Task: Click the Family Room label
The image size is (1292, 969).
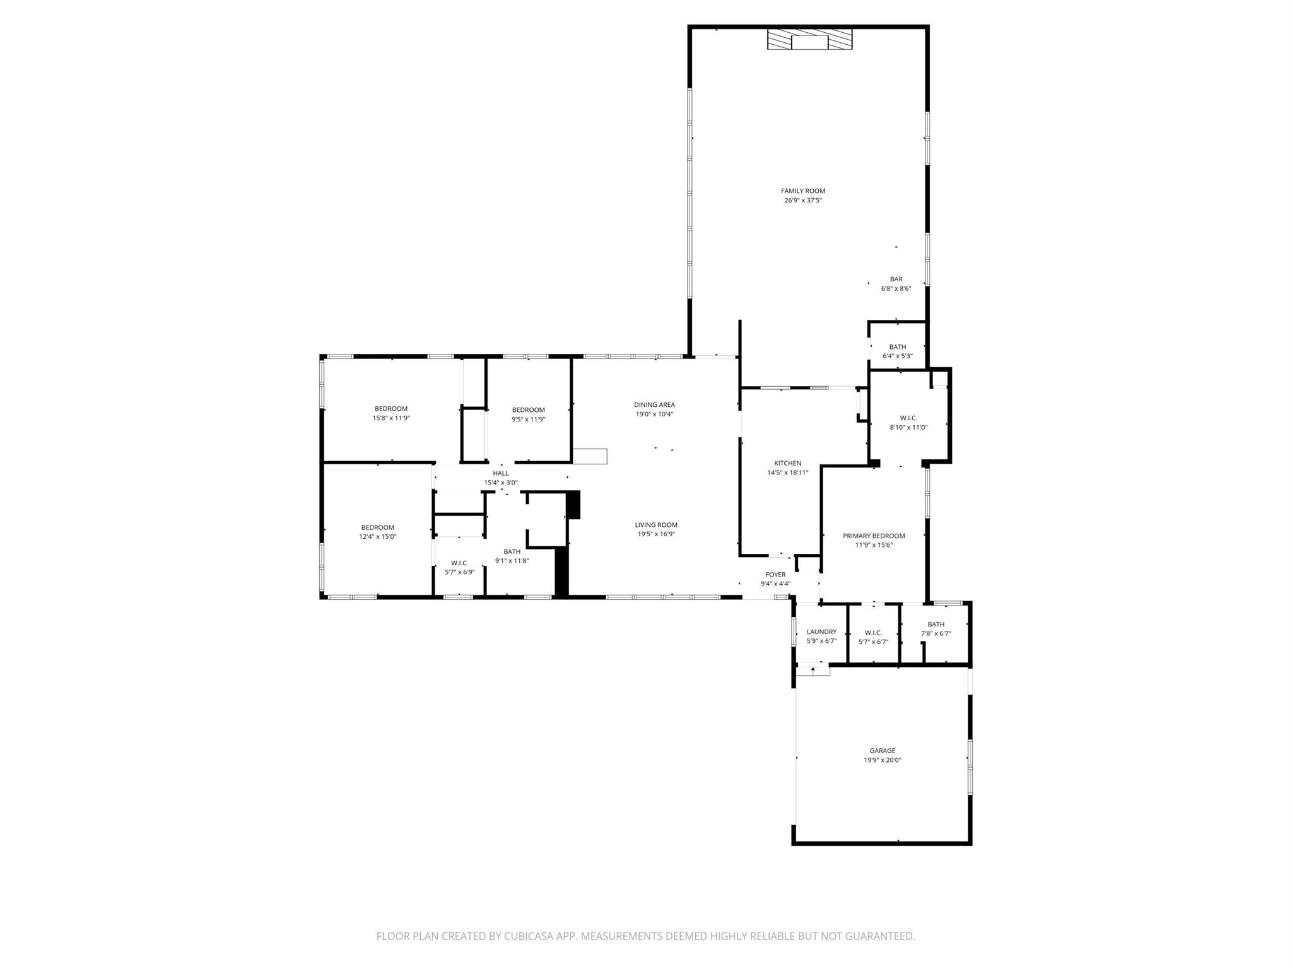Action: pyautogui.click(x=802, y=191)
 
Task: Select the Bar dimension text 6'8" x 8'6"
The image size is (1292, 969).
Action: pyautogui.click(x=896, y=289)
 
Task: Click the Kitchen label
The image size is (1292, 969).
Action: pyautogui.click(x=787, y=463)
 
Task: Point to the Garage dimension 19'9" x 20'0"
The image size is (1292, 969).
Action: pyautogui.click(x=882, y=760)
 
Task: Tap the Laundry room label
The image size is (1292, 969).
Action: pyautogui.click(x=821, y=632)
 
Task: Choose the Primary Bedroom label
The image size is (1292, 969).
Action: pyautogui.click(x=874, y=536)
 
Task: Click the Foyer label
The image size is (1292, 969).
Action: pyautogui.click(x=775, y=575)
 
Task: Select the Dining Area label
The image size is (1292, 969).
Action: pyautogui.click(x=654, y=405)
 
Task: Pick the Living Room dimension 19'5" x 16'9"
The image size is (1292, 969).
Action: pyautogui.click(x=656, y=534)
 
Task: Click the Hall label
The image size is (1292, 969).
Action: pyautogui.click(x=500, y=473)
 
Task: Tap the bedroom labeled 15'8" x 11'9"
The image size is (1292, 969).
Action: pyautogui.click(x=391, y=413)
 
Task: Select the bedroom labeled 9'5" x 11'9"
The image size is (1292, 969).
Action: pyautogui.click(x=528, y=414)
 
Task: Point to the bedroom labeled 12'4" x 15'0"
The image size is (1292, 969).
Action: pyautogui.click(x=377, y=532)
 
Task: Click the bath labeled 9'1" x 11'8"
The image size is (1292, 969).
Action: pyautogui.click(x=512, y=556)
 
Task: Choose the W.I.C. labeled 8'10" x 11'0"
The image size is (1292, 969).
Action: pyautogui.click(x=908, y=422)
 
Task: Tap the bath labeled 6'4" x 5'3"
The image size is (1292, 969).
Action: pyautogui.click(x=897, y=351)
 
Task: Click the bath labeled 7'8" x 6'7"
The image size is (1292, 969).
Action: pyautogui.click(x=936, y=629)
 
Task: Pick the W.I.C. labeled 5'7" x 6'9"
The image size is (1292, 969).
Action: pyautogui.click(x=459, y=567)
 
